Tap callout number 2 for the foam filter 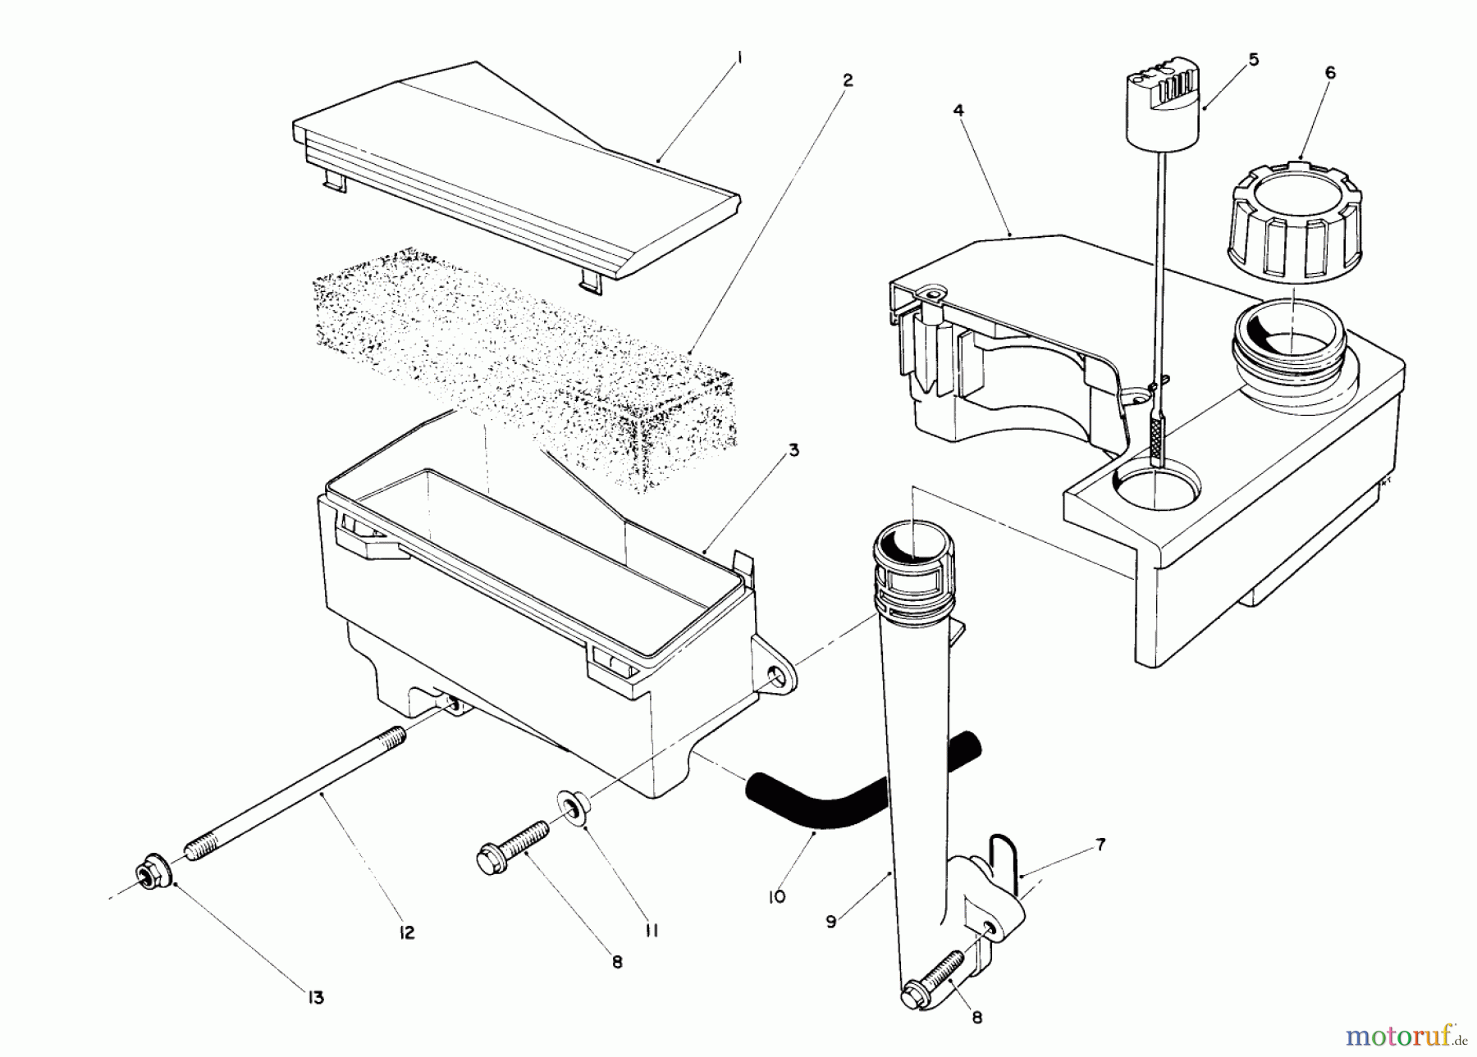tap(848, 80)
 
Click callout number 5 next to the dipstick tap(1253, 60)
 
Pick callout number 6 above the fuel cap tap(1330, 73)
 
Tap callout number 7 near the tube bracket tap(1100, 844)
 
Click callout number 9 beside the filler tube tap(831, 922)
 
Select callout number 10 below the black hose tap(776, 896)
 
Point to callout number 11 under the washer tap(652, 931)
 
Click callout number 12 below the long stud tap(407, 932)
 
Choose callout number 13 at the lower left tap(316, 997)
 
